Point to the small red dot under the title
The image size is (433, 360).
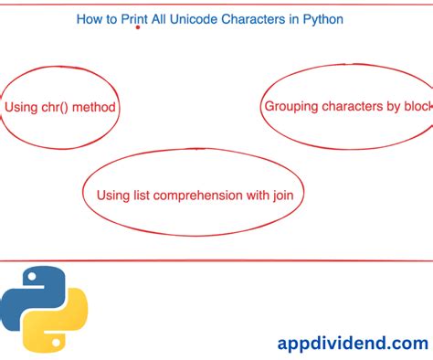137,27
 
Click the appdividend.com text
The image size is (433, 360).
352,343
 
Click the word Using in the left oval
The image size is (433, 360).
21,108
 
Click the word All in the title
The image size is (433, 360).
162,17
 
